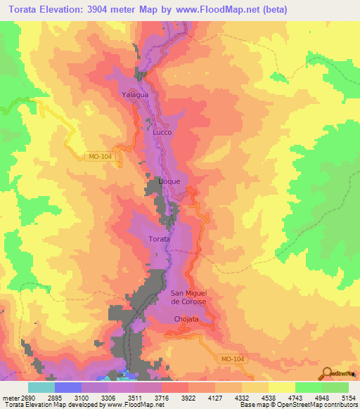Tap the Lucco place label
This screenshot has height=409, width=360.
coord(162,131)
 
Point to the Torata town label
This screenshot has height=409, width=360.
coord(159,240)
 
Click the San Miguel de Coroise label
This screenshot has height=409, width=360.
coord(188,297)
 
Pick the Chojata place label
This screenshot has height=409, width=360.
coord(187,319)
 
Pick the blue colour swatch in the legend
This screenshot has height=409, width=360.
coord(67,387)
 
